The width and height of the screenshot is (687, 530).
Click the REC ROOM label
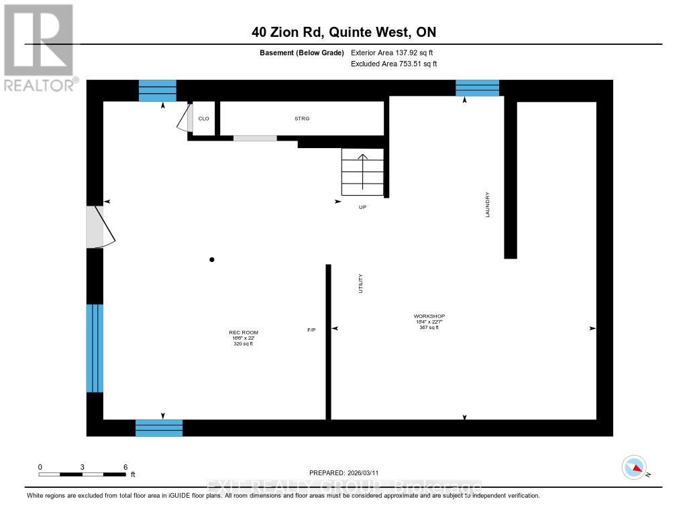coord(244,333)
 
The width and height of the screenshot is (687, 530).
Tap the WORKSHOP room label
coord(429,316)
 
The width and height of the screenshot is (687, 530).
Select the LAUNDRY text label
coord(488,204)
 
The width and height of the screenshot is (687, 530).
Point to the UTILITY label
coord(360,283)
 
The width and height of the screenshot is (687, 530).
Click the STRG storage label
coord(302,119)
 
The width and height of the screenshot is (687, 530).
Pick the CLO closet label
coord(204,119)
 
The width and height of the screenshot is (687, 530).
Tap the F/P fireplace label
coord(311,330)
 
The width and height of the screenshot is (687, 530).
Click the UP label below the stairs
coord(362,207)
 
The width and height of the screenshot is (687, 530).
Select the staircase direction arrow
coord(362,171)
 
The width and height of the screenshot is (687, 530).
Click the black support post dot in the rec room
coord(212,260)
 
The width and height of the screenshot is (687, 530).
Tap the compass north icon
coord(634,466)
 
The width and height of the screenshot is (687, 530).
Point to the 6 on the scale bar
coord(125,466)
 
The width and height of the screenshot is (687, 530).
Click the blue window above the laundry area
coord(478,88)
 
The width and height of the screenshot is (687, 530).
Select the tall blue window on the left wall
coord(95,348)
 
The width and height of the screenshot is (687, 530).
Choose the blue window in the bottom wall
coord(159,427)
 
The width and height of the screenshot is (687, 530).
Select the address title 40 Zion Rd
coord(343,32)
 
